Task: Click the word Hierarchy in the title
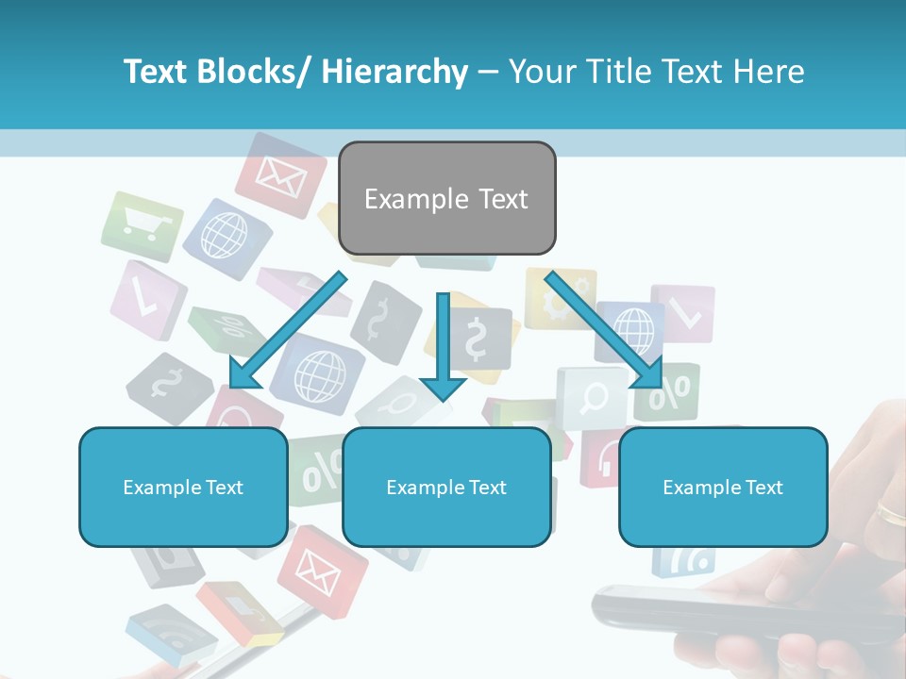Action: pyautogui.click(x=394, y=72)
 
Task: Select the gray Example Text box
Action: pyautogui.click(x=446, y=198)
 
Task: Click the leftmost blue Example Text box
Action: pyautogui.click(x=183, y=487)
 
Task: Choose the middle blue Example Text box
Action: pyautogui.click(x=446, y=487)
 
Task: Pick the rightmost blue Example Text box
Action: pyautogui.click(x=723, y=487)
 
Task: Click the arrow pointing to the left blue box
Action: pyautogui.click(x=286, y=330)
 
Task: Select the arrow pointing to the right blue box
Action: pyautogui.click(x=604, y=330)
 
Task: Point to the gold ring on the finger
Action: pyautogui.click(x=890, y=513)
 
